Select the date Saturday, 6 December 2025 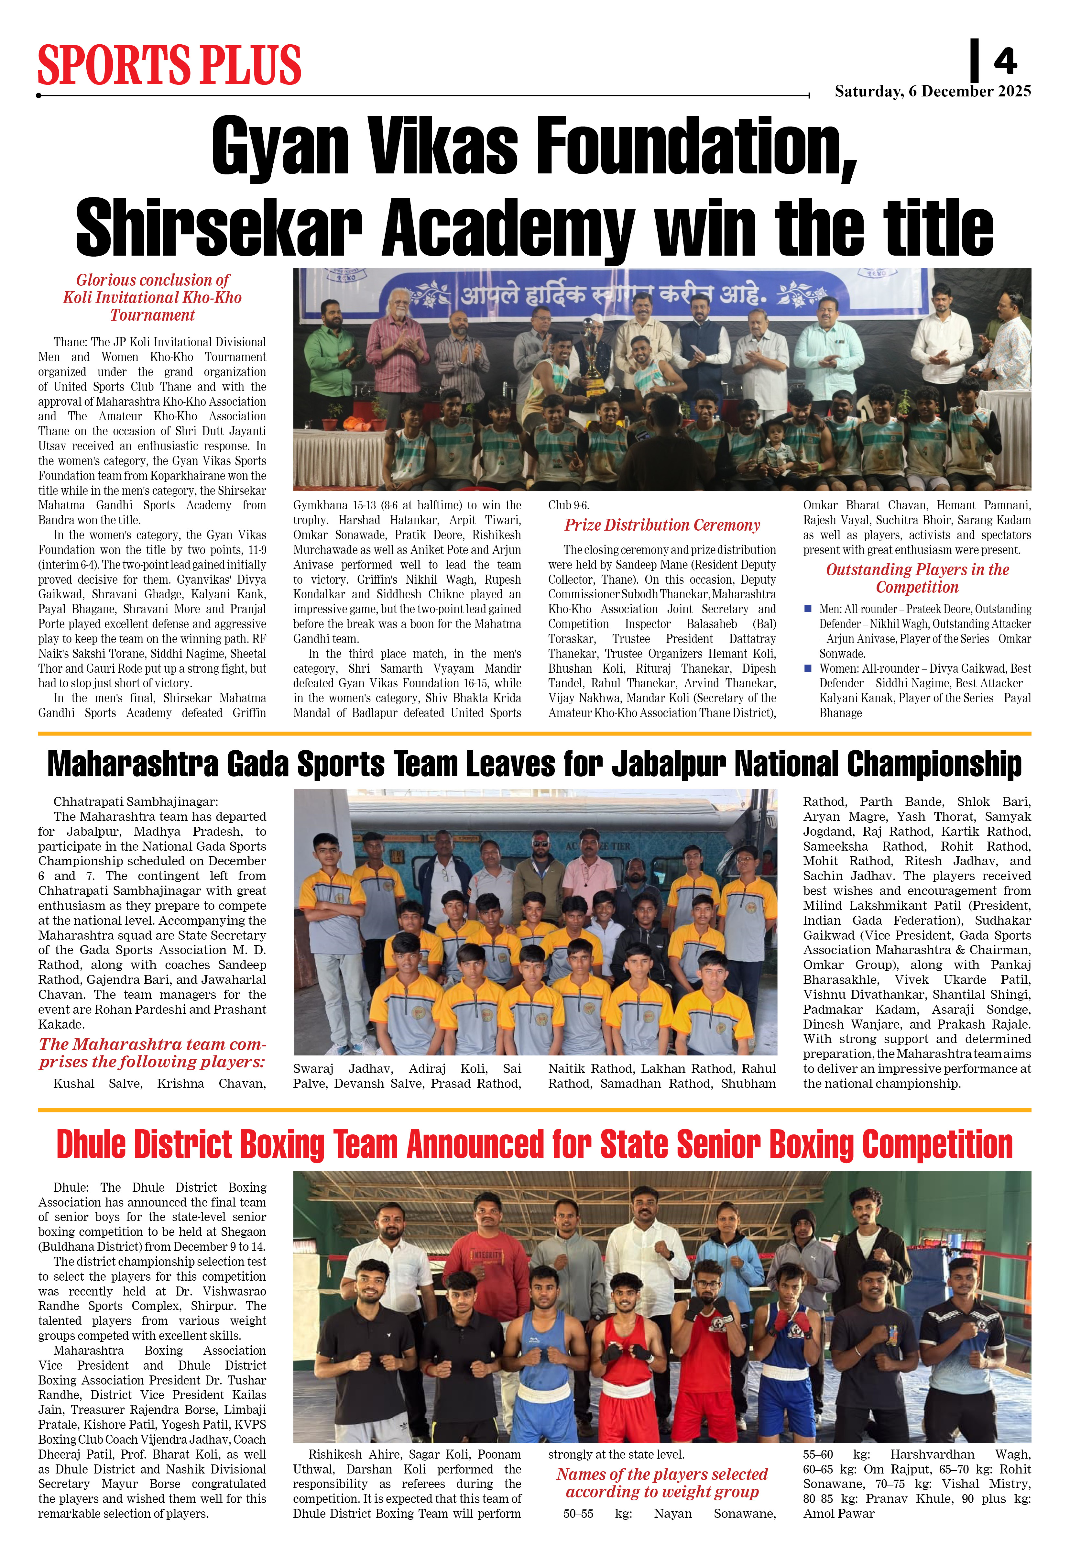point(933,92)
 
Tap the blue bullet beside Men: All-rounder point(808,609)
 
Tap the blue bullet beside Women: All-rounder point(808,668)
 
